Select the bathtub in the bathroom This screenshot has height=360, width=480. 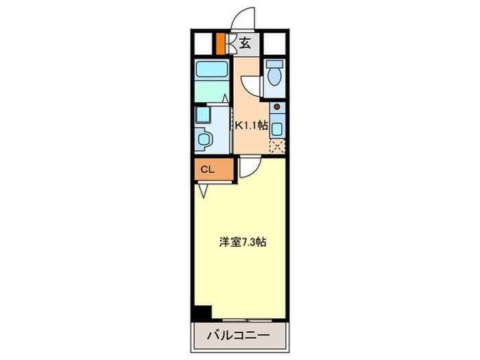coord(211,69)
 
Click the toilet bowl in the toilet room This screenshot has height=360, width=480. coord(274,73)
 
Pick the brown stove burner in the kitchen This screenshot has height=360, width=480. coord(276,107)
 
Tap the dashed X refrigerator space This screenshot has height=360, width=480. coord(276,145)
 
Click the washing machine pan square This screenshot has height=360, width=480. coord(202,114)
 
